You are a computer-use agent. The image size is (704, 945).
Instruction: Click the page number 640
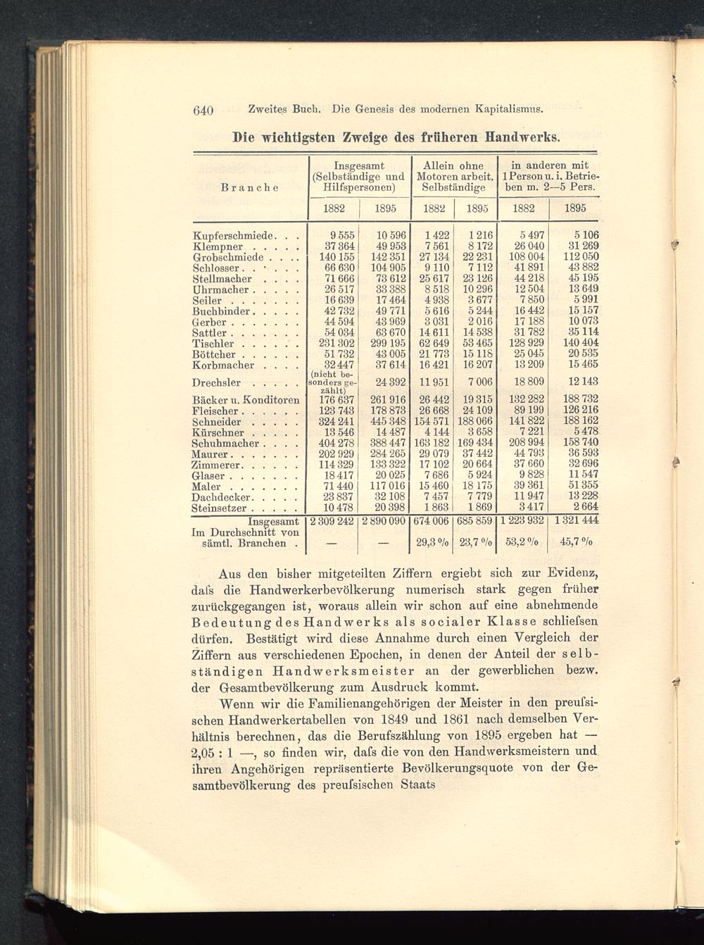(x=203, y=110)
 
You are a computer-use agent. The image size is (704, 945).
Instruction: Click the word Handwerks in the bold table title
(x=520, y=135)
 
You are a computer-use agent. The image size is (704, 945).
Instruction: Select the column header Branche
(x=249, y=187)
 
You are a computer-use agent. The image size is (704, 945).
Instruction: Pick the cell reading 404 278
(x=333, y=444)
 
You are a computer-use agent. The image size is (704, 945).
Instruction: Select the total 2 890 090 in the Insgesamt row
(x=384, y=522)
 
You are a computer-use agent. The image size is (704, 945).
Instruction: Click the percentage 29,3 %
(x=429, y=543)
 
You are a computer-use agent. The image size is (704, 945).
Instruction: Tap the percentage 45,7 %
(x=575, y=543)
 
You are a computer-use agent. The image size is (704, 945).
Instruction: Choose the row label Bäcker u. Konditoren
(x=246, y=400)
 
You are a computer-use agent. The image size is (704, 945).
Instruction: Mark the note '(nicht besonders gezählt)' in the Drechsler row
(x=333, y=382)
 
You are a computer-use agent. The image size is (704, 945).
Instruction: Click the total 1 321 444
(x=575, y=522)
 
